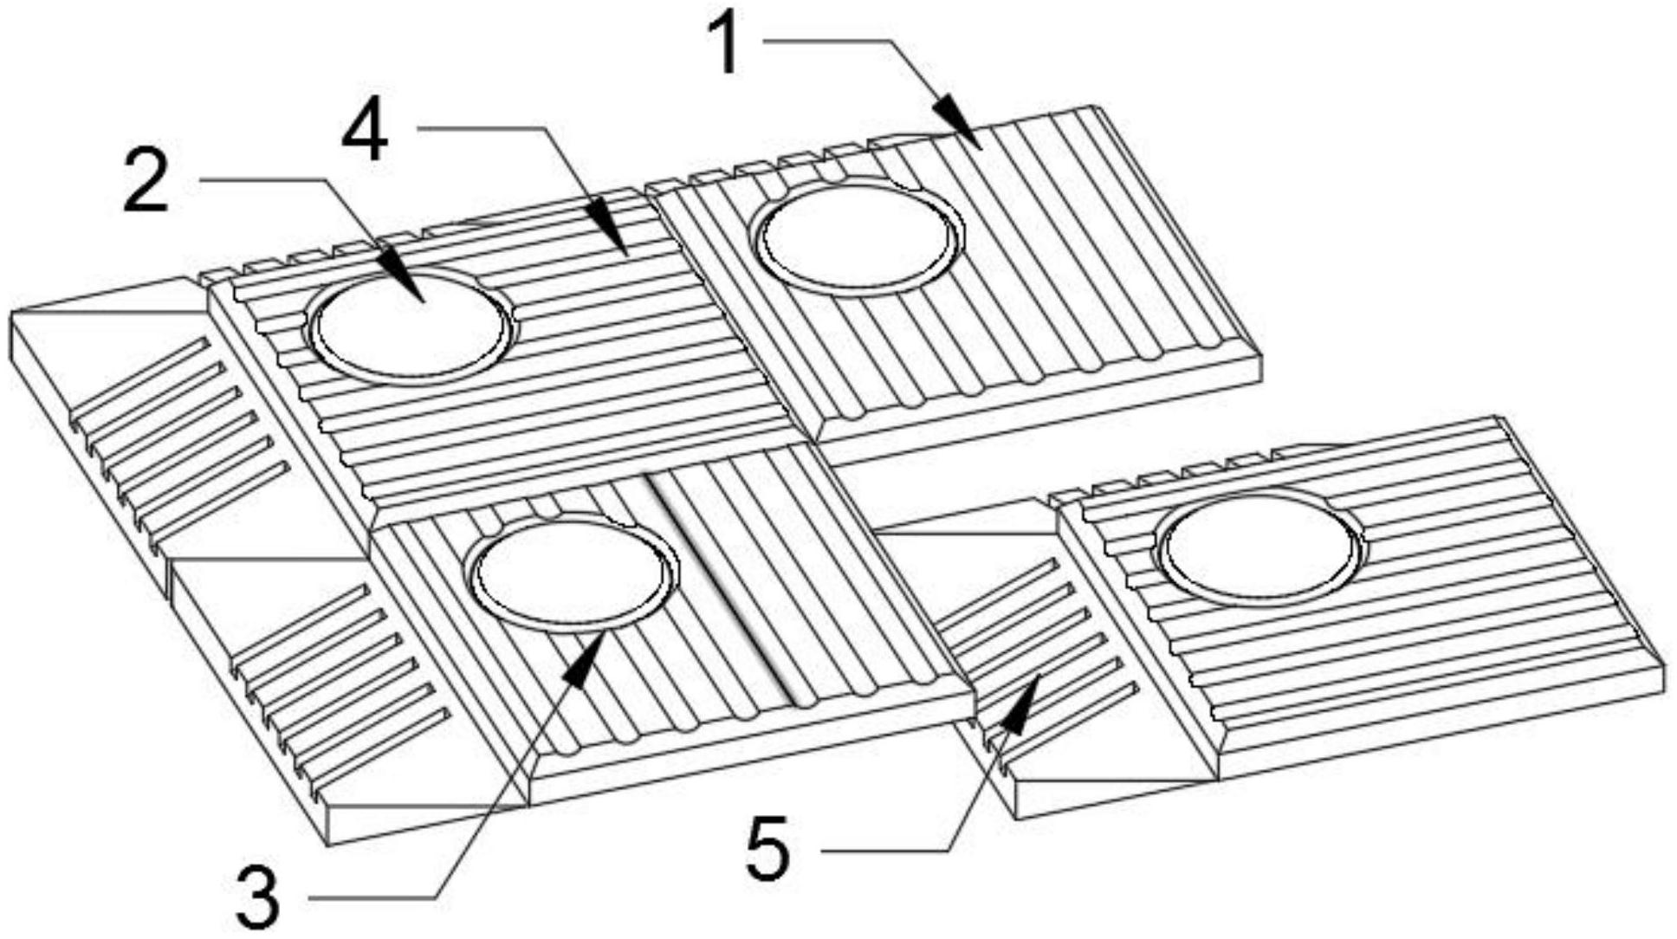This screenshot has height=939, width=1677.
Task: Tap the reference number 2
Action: (147, 181)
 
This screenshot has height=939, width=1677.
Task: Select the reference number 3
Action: (258, 898)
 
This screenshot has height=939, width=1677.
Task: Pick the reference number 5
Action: (768, 850)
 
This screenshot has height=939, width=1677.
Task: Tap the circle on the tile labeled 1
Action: (858, 235)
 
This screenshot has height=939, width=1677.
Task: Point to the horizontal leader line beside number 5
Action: (884, 852)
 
